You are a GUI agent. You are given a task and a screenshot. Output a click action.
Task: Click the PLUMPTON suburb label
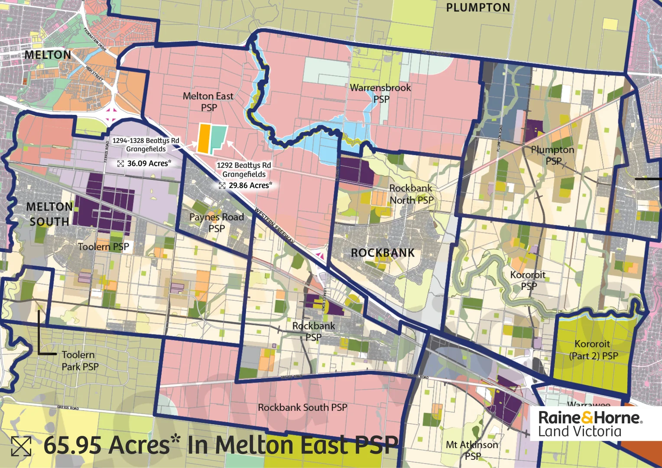click(x=478, y=8)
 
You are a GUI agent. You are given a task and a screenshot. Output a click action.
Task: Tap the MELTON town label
click(x=48, y=55)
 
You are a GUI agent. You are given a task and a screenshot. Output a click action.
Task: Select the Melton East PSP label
click(x=208, y=102)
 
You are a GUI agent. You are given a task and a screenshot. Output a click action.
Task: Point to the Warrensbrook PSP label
click(x=380, y=93)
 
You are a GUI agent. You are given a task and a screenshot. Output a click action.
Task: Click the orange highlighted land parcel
click(x=204, y=138)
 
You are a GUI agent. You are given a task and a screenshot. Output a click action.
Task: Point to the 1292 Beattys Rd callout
click(x=244, y=169)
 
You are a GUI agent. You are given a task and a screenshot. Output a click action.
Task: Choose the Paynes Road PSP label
click(x=217, y=222)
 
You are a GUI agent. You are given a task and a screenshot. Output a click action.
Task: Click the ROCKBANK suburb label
click(x=383, y=253)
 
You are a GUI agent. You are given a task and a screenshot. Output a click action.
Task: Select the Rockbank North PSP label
click(x=411, y=194)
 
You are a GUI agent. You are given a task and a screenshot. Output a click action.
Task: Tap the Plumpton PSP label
click(x=553, y=155)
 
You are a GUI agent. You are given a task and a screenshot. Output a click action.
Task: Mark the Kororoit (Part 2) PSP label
click(x=593, y=350)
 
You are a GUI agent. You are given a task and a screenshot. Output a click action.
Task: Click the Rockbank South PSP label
click(x=302, y=407)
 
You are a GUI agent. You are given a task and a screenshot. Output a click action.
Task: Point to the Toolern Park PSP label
click(x=79, y=361)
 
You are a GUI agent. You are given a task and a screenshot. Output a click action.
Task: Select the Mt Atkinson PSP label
click(x=472, y=450)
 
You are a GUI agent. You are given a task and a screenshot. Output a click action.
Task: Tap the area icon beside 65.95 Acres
click(x=21, y=446)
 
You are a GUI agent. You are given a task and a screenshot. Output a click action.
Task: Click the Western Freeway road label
click(x=274, y=225)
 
